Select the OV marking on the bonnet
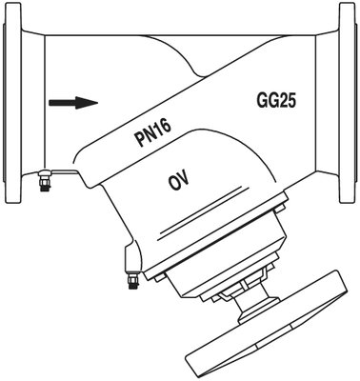179,180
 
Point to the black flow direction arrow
73,103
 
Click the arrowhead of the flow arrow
87,103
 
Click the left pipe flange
12,102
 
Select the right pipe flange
349,102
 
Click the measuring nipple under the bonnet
132,278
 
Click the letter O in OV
173,183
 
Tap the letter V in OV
185,178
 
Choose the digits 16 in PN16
164,127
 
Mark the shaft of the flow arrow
63,103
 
